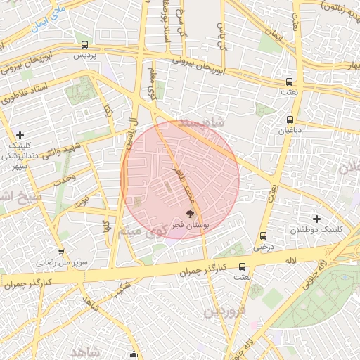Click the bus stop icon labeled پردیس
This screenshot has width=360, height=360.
tap(85, 44)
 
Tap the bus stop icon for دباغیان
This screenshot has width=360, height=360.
tap(290, 119)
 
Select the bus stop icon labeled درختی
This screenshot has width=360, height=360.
tap(263, 236)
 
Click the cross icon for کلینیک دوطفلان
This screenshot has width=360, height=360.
tap(316, 219)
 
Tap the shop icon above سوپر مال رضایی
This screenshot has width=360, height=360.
tap(62, 251)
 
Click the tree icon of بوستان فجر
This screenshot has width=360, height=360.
tap(190, 213)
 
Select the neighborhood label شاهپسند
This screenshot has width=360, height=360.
tap(201, 122)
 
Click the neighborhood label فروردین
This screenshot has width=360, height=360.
tap(225, 310)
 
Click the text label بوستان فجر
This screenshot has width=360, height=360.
tap(188, 224)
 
